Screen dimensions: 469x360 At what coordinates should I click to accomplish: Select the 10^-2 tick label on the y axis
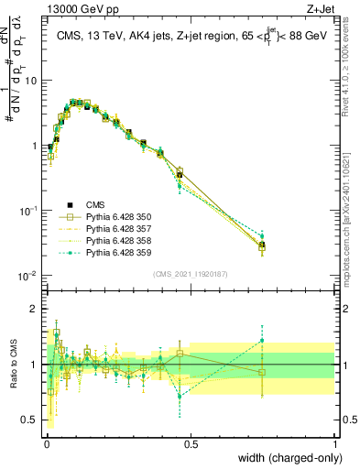[x=27, y=277]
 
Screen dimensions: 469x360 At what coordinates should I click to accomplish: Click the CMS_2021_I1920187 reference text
[x=190, y=274]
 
